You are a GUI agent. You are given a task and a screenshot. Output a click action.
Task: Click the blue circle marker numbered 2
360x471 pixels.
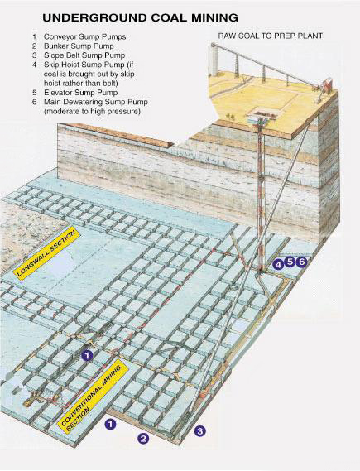tap(142, 439)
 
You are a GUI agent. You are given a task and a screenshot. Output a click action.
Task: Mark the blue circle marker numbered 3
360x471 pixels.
tap(199, 430)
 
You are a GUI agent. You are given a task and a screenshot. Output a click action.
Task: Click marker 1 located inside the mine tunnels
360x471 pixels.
tap(88, 355)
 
